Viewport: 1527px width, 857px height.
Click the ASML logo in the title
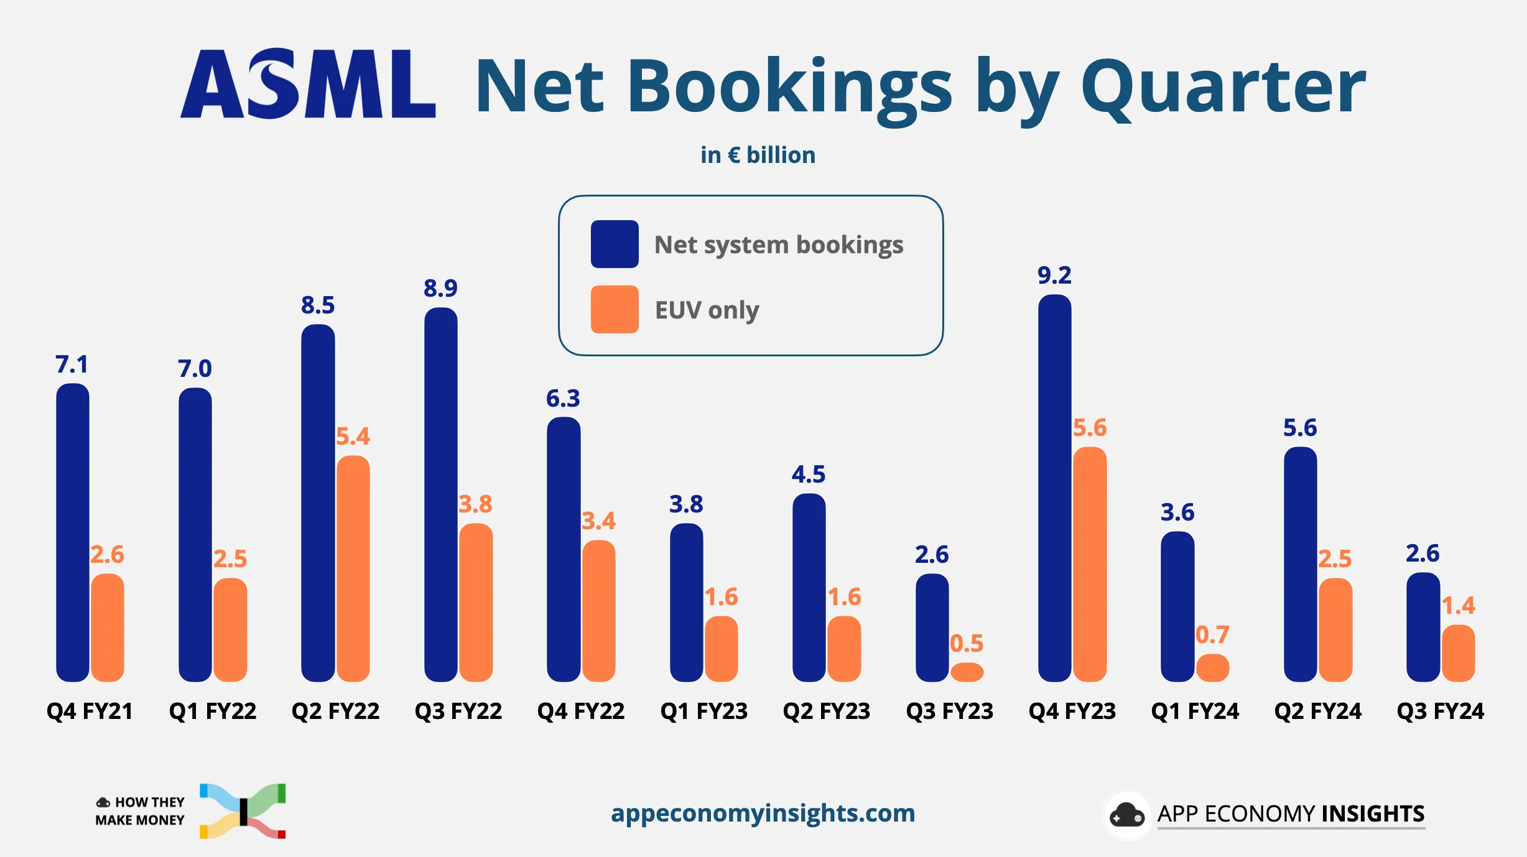click(308, 85)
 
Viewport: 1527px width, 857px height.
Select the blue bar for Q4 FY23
click(1054, 488)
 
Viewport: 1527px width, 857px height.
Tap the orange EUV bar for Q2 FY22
click(353, 568)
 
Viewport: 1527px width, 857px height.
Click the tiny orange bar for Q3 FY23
click(967, 672)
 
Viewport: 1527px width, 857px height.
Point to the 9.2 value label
click(1054, 275)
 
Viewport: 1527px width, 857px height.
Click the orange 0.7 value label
click(1212, 634)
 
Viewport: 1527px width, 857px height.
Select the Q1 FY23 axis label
click(703, 711)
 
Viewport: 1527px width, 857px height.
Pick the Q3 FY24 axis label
click(1440, 711)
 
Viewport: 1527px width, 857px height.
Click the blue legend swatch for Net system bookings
click(615, 244)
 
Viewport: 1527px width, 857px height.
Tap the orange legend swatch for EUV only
click(615, 310)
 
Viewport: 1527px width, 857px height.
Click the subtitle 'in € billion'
click(758, 155)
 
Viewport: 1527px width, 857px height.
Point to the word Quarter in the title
click(1223, 87)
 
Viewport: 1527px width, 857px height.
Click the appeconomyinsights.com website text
click(763, 813)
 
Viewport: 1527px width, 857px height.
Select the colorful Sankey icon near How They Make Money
click(243, 811)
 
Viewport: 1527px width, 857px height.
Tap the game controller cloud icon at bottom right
click(1126, 815)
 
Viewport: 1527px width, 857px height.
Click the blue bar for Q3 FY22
click(440, 494)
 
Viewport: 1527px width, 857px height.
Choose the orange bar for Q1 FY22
click(230, 629)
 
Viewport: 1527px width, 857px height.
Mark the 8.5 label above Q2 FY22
click(318, 305)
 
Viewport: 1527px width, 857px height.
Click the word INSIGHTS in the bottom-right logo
click(1373, 813)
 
